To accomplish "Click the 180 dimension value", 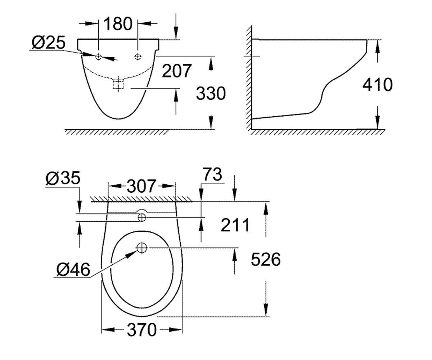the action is (118, 24).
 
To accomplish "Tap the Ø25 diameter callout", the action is (49, 42).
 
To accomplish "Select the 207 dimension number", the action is (177, 71).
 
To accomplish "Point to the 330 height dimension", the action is (211, 93).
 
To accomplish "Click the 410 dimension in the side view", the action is (378, 84).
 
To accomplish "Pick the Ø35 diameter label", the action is (63, 177).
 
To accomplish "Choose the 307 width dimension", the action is (141, 186).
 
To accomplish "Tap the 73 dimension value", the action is (212, 174).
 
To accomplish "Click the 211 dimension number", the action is (235, 225).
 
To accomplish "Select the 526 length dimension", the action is (266, 259).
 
